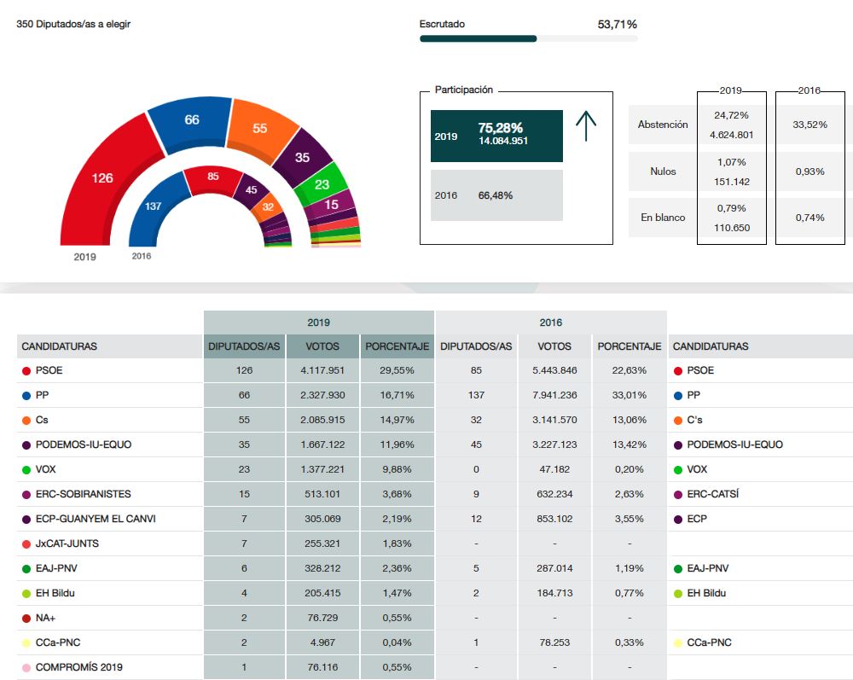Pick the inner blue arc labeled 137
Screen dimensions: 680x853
click(154, 206)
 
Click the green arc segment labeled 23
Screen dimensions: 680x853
click(322, 184)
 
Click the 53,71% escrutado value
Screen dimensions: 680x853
click(618, 25)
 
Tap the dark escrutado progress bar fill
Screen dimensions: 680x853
click(478, 38)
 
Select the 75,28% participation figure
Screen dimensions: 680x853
click(501, 128)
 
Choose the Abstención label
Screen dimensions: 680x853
click(663, 125)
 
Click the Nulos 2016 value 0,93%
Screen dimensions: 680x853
click(809, 171)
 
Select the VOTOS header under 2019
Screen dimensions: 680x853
click(322, 346)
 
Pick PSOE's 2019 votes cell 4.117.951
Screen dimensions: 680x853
click(322, 370)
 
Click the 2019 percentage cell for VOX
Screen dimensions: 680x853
click(397, 469)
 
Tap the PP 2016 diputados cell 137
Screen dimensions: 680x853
click(476, 395)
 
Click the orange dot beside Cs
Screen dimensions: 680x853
click(26, 420)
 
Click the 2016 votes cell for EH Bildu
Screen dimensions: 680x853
click(554, 593)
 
